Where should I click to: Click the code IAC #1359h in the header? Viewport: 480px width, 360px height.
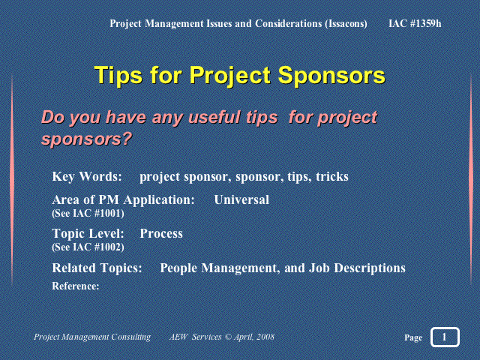[415, 23]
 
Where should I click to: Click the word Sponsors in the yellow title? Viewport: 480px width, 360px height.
[331, 75]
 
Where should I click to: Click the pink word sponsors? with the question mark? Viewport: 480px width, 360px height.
[87, 139]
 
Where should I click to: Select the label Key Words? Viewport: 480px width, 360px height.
[87, 177]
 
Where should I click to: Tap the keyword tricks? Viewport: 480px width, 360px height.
[332, 177]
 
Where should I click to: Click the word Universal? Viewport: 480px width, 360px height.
[241, 199]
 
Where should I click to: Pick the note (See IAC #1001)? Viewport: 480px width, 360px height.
[88, 213]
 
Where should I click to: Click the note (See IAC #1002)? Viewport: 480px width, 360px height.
[88, 247]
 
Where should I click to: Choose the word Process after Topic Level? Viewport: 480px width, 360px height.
[161, 233]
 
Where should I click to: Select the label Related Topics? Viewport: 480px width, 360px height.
[97, 268]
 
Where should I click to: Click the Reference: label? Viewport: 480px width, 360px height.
[76, 286]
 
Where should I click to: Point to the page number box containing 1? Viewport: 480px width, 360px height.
[445, 337]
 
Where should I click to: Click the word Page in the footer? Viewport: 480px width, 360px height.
[413, 337]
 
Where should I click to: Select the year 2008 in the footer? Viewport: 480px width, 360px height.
[265, 337]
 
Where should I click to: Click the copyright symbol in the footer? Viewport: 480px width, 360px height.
[228, 337]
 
